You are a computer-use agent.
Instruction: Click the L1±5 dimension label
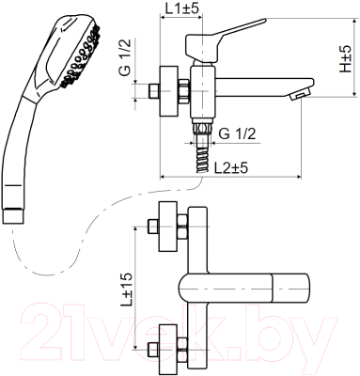coord(181,8)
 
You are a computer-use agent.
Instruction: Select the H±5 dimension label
coord(346,58)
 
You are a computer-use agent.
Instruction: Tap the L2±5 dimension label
coord(231,168)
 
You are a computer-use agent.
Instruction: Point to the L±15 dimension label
coord(127,289)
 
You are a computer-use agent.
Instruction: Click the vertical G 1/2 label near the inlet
coord(125,57)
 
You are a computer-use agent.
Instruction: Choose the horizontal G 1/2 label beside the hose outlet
coord(237,134)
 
